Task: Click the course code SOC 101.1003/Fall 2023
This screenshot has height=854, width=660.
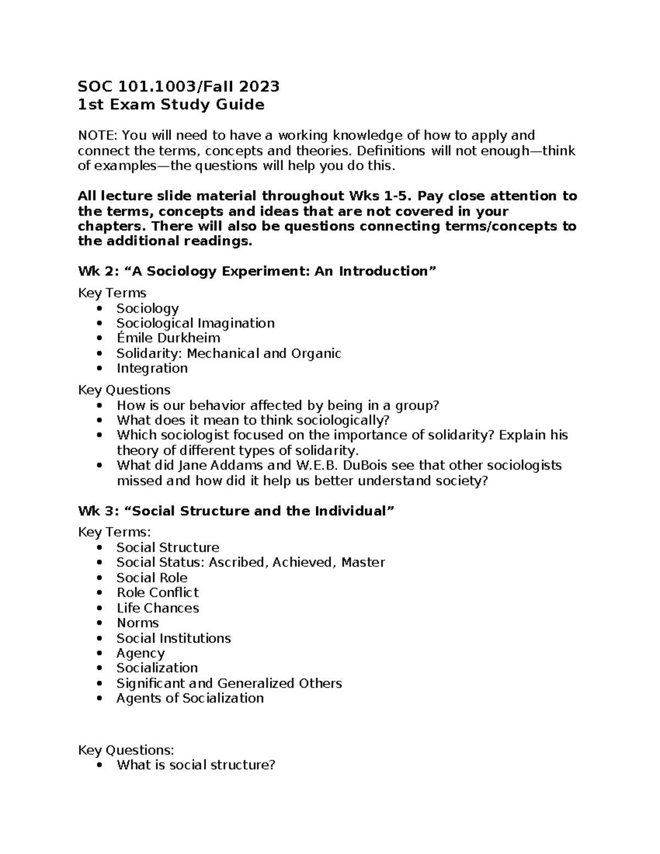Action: coord(179,86)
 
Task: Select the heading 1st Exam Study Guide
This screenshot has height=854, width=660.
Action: coord(171,104)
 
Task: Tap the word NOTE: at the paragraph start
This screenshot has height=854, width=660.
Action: coord(98,135)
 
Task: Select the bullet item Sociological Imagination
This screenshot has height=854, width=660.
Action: coord(195,323)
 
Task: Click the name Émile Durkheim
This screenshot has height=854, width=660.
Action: coord(168,338)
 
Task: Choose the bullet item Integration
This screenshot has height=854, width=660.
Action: coord(152,368)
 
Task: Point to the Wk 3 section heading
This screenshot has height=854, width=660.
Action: coord(237,511)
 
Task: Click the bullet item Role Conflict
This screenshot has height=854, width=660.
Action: coord(157,593)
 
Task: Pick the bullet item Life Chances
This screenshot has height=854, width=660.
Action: coord(157,608)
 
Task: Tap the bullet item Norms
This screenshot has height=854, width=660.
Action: coord(137,623)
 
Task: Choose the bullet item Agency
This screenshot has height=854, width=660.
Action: coord(140,653)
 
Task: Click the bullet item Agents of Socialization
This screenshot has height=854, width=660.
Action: coord(190,698)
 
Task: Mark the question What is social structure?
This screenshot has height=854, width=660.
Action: coord(195,765)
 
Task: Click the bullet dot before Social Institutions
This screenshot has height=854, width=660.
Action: coord(99,638)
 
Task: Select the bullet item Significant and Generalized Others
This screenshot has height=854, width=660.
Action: coord(229,684)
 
